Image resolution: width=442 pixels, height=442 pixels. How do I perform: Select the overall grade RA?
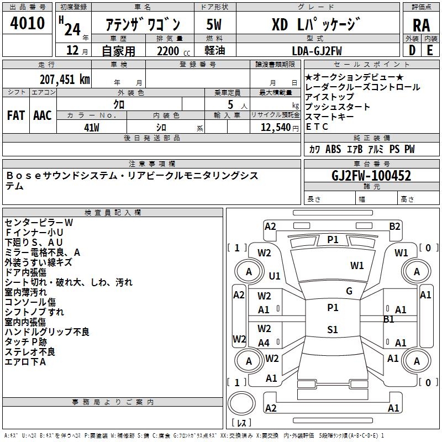tap(421, 25)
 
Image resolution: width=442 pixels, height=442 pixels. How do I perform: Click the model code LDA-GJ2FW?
tap(316, 50)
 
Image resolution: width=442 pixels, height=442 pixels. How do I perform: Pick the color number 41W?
tap(91, 128)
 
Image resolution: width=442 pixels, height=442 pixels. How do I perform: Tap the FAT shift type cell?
tap(16, 115)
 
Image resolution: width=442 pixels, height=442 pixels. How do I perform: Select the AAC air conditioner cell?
tap(43, 115)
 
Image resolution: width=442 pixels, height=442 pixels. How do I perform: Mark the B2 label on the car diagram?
tap(394, 226)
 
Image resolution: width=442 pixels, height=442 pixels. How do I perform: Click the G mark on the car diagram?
tap(349, 291)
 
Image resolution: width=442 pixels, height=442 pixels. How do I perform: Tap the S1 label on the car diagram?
tap(332, 330)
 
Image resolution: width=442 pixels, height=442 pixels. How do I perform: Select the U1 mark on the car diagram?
tap(275, 275)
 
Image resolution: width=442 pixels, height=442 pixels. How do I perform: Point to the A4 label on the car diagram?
tap(264, 343)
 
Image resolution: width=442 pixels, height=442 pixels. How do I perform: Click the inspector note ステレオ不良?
tap(30, 351)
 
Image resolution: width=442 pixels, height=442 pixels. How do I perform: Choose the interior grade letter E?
tap(429, 50)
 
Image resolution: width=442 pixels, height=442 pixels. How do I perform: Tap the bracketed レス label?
tap(241, 423)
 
